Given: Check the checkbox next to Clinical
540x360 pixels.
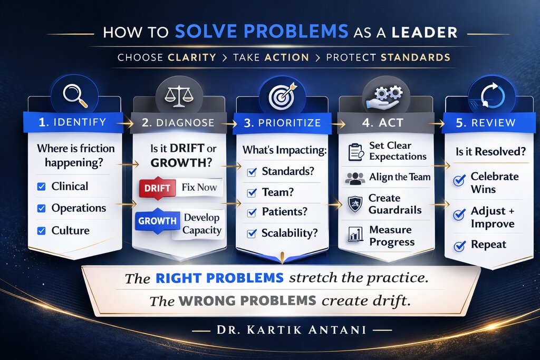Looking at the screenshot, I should tap(41, 186).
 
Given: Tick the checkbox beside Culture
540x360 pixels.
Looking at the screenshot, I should tap(41, 230).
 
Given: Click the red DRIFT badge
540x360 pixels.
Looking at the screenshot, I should tap(157, 188).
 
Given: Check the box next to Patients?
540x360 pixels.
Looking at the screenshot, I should tap(252, 212).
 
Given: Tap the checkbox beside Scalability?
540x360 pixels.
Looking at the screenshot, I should tap(252, 233).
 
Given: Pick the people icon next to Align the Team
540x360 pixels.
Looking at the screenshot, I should tap(355, 178).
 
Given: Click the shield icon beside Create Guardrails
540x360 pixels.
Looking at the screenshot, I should tap(355, 204).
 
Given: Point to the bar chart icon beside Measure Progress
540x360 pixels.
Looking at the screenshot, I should tap(355, 236).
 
